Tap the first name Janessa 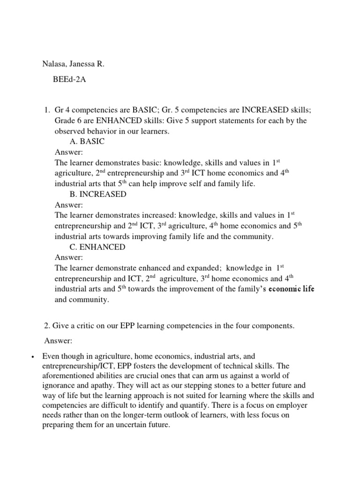coord(86,64)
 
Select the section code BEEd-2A coord(69,80)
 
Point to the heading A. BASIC coord(87,142)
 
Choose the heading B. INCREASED coord(97,194)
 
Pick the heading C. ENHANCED coord(97,247)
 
